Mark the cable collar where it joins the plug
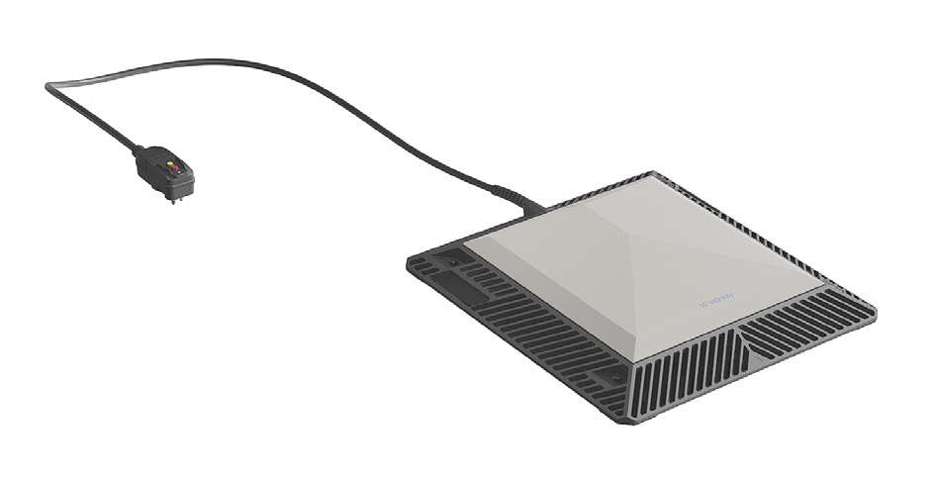point(139,152)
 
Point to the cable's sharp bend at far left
point(48,88)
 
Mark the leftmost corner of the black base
point(409,259)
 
